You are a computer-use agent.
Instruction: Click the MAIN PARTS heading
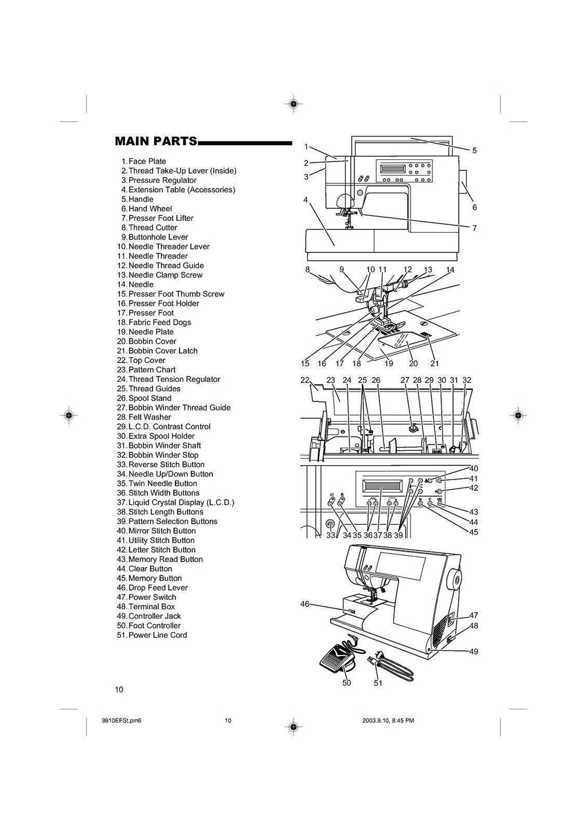pyautogui.click(x=156, y=141)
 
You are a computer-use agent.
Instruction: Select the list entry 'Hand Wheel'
pyautogui.click(x=150, y=209)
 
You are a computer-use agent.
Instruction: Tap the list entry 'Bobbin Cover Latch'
pyautogui.click(x=163, y=351)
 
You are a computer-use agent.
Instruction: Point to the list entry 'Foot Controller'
pyautogui.click(x=154, y=626)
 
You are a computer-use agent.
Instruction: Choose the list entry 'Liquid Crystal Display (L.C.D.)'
pyautogui.click(x=181, y=502)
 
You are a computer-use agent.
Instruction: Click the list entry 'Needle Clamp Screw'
pyautogui.click(x=165, y=275)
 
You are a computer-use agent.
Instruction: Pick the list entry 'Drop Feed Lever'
pyautogui.click(x=158, y=588)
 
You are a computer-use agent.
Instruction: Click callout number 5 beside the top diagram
pyautogui.click(x=474, y=151)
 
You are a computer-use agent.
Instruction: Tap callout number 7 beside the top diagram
pyautogui.click(x=474, y=228)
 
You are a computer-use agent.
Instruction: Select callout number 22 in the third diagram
pyautogui.click(x=304, y=380)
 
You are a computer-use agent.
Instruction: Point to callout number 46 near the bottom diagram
pyautogui.click(x=305, y=604)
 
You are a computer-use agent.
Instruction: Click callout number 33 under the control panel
pyautogui.click(x=330, y=535)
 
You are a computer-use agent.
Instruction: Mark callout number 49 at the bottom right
pyautogui.click(x=473, y=651)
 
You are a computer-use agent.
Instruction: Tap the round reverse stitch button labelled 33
pyautogui.click(x=329, y=524)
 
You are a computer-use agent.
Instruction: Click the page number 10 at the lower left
pyautogui.click(x=119, y=690)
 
